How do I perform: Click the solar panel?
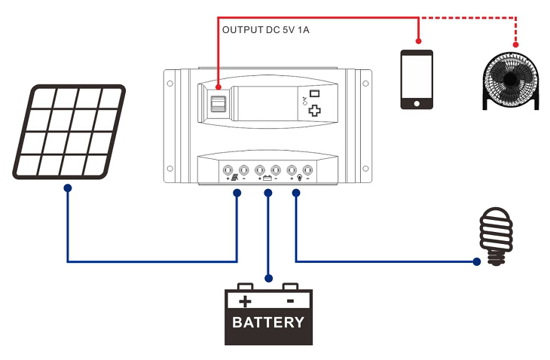[69, 132]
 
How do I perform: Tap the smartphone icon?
[417, 80]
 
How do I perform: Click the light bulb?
[496, 237]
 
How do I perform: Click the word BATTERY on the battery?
[268, 323]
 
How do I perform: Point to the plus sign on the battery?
[245, 301]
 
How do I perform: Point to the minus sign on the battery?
[290, 301]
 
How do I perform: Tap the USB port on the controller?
[218, 105]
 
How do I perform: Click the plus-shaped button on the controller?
[314, 110]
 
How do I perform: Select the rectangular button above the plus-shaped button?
[314, 94]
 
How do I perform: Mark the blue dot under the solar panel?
[68, 188]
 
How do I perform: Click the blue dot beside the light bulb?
[477, 262]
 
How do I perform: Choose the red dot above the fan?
[515, 44]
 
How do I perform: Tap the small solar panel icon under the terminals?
[236, 178]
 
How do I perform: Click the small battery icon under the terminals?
[267, 178]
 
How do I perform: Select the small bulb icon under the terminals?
[299, 178]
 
